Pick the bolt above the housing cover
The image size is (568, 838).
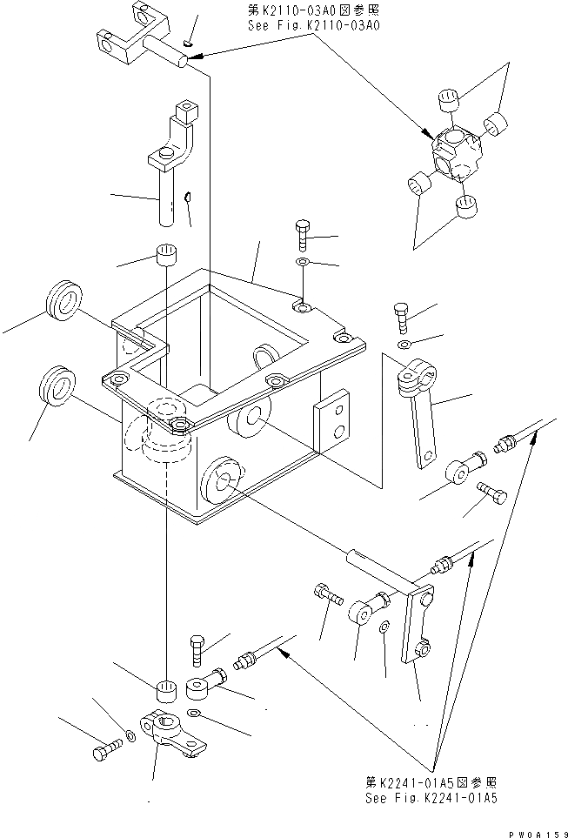point(301,235)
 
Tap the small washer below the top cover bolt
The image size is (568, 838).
point(301,262)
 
